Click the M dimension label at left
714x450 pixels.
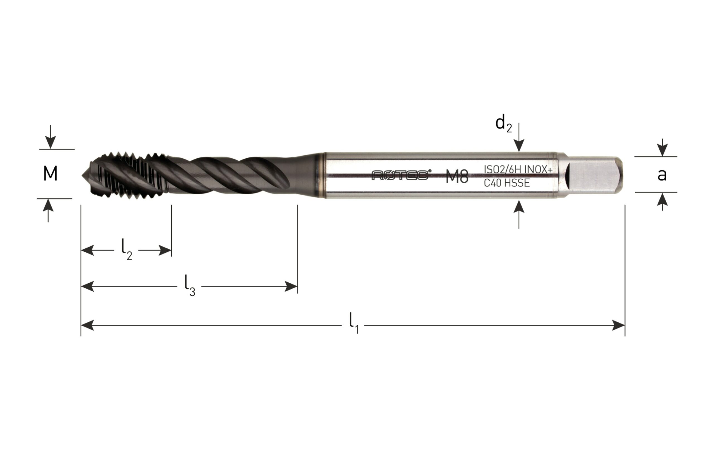tap(50, 174)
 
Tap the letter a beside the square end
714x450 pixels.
tap(662, 175)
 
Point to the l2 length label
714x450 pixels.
tap(127, 250)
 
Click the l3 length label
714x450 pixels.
tap(190, 286)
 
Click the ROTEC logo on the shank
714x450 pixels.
tap(401, 175)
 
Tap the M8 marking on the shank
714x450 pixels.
tap(457, 177)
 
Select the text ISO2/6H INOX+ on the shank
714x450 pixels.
tap(518, 170)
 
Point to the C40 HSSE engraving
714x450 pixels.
tap(507, 183)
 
